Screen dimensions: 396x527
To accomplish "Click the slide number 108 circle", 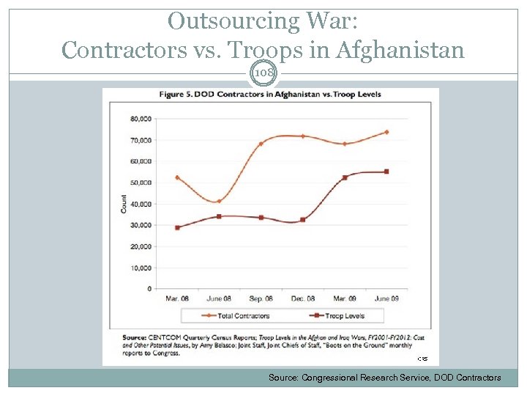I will coord(263,73).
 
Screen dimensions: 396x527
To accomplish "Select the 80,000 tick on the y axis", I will coord(141,119).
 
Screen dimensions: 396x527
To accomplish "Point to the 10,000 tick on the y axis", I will coord(141,268).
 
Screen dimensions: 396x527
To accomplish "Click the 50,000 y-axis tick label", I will coord(141,183).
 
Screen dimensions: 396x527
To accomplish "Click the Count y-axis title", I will coord(123,204).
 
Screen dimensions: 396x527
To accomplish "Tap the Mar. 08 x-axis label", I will coord(176,299).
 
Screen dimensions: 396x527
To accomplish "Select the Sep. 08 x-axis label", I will coord(261,299).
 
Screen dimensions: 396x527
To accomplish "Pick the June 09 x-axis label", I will coord(386,299).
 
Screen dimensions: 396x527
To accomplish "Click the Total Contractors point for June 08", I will coord(218,201).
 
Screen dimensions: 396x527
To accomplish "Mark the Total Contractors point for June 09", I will coord(386,132).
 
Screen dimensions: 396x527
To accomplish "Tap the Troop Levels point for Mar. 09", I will coord(345,177).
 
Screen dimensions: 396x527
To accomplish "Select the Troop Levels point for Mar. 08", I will coord(176,227).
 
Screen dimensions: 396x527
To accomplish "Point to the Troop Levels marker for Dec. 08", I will coord(303,219).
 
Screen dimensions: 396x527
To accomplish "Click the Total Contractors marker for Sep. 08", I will coord(261,144).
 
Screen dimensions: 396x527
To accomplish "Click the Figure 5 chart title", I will coord(270,95).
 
